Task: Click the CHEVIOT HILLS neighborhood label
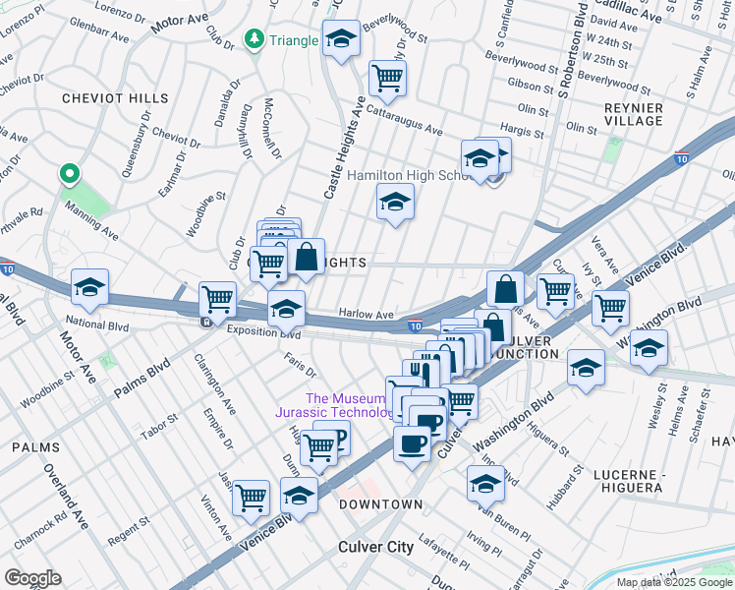103,98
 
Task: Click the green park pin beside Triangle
254,40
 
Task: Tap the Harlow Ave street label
367,314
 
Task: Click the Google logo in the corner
31,578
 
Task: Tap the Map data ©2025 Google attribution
674,582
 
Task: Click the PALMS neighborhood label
35,447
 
